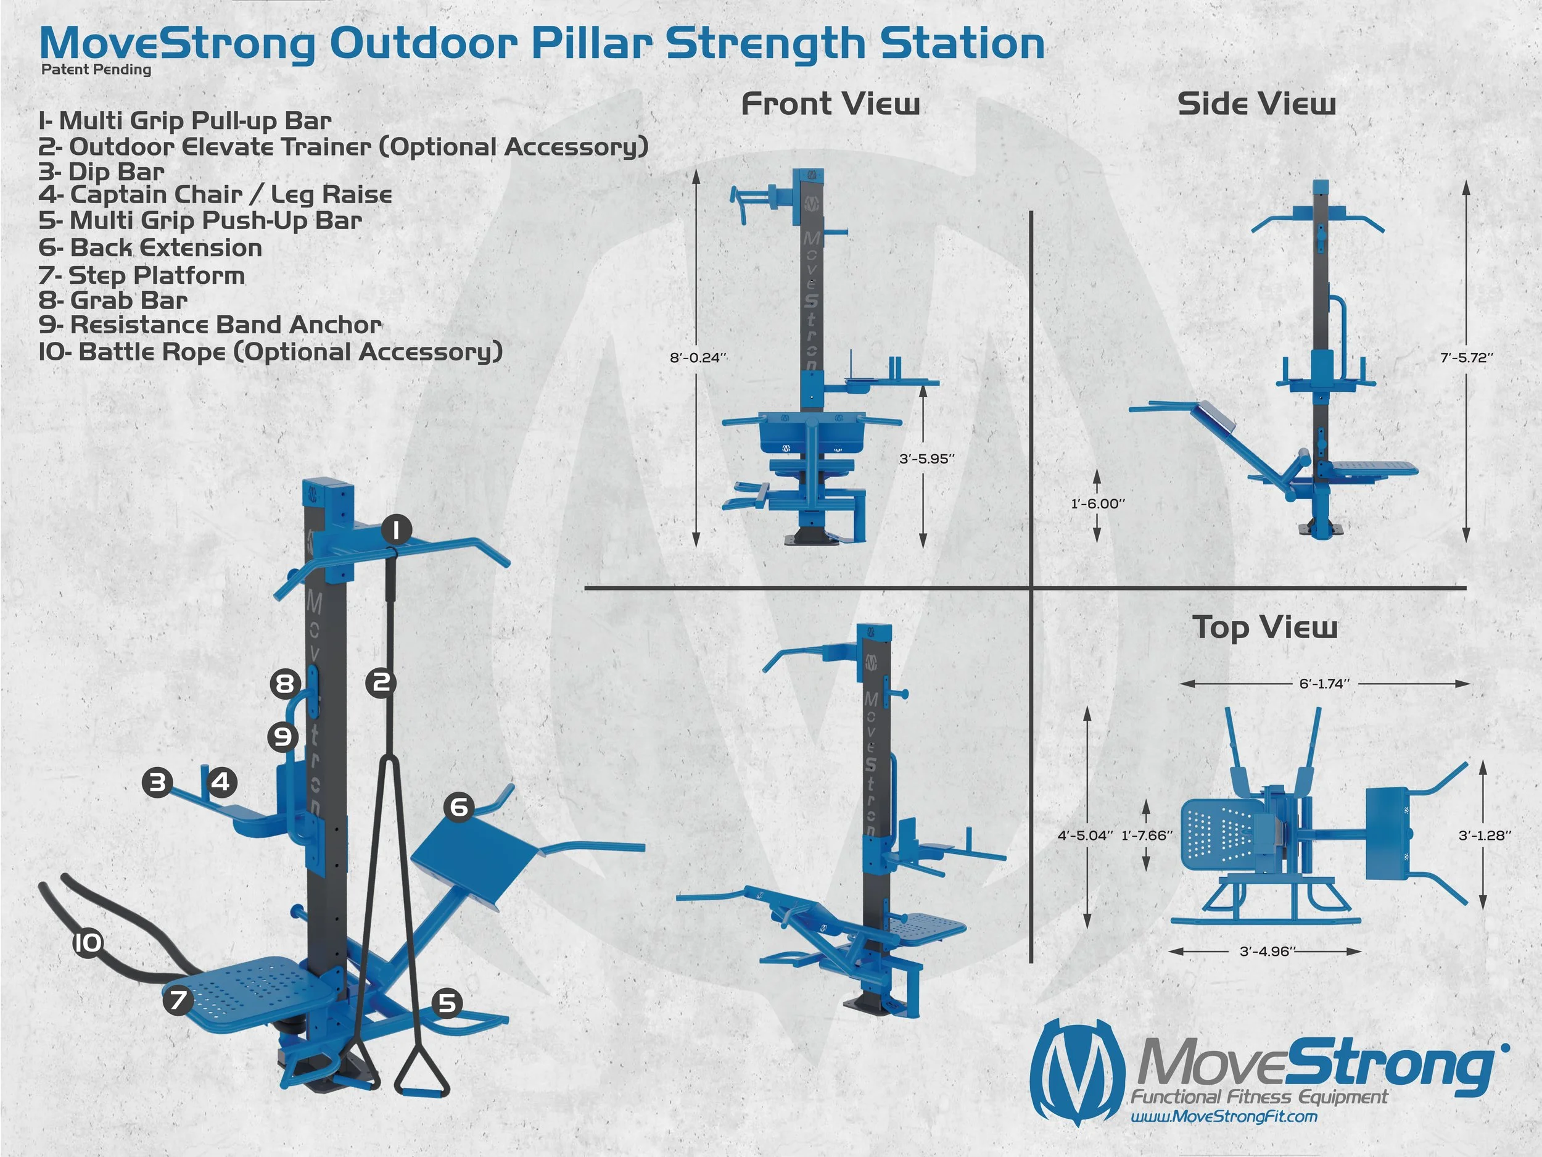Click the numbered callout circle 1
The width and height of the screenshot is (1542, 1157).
point(396,530)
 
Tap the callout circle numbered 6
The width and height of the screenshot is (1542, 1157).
point(459,807)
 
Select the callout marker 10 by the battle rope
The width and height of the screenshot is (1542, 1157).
point(88,943)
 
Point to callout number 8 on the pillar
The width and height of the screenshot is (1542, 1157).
point(285,684)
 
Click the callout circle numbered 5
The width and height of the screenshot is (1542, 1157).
point(447,1003)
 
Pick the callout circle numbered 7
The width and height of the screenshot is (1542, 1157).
point(178,1000)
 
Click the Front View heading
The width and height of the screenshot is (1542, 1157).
point(830,104)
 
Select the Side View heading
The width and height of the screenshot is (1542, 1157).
point(1256,104)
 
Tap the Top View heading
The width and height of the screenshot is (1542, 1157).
point(1264,627)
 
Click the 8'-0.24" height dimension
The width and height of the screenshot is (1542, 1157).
point(698,358)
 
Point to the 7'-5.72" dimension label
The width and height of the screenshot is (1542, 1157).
point(1467,358)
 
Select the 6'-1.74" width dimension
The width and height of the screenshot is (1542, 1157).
point(1324,684)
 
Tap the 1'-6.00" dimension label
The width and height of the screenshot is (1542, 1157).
point(1098,504)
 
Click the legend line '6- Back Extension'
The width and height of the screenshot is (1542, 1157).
point(150,247)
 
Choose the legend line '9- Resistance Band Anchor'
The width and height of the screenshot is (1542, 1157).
point(210,325)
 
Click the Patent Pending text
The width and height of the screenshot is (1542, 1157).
point(96,70)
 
